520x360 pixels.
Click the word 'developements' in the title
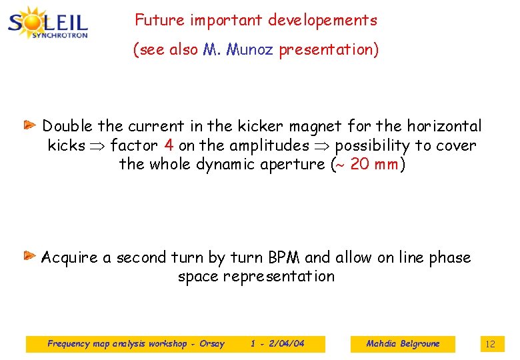tap(322, 21)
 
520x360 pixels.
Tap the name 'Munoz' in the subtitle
tap(250, 50)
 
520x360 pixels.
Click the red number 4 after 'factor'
tap(169, 145)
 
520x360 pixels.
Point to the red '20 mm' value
tap(373, 164)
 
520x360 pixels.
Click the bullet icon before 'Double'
tap(31, 125)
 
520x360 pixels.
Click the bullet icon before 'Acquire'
tap(31, 255)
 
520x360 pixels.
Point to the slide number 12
tap(490, 344)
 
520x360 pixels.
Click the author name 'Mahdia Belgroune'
tap(403, 344)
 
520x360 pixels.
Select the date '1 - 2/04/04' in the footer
tap(277, 344)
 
